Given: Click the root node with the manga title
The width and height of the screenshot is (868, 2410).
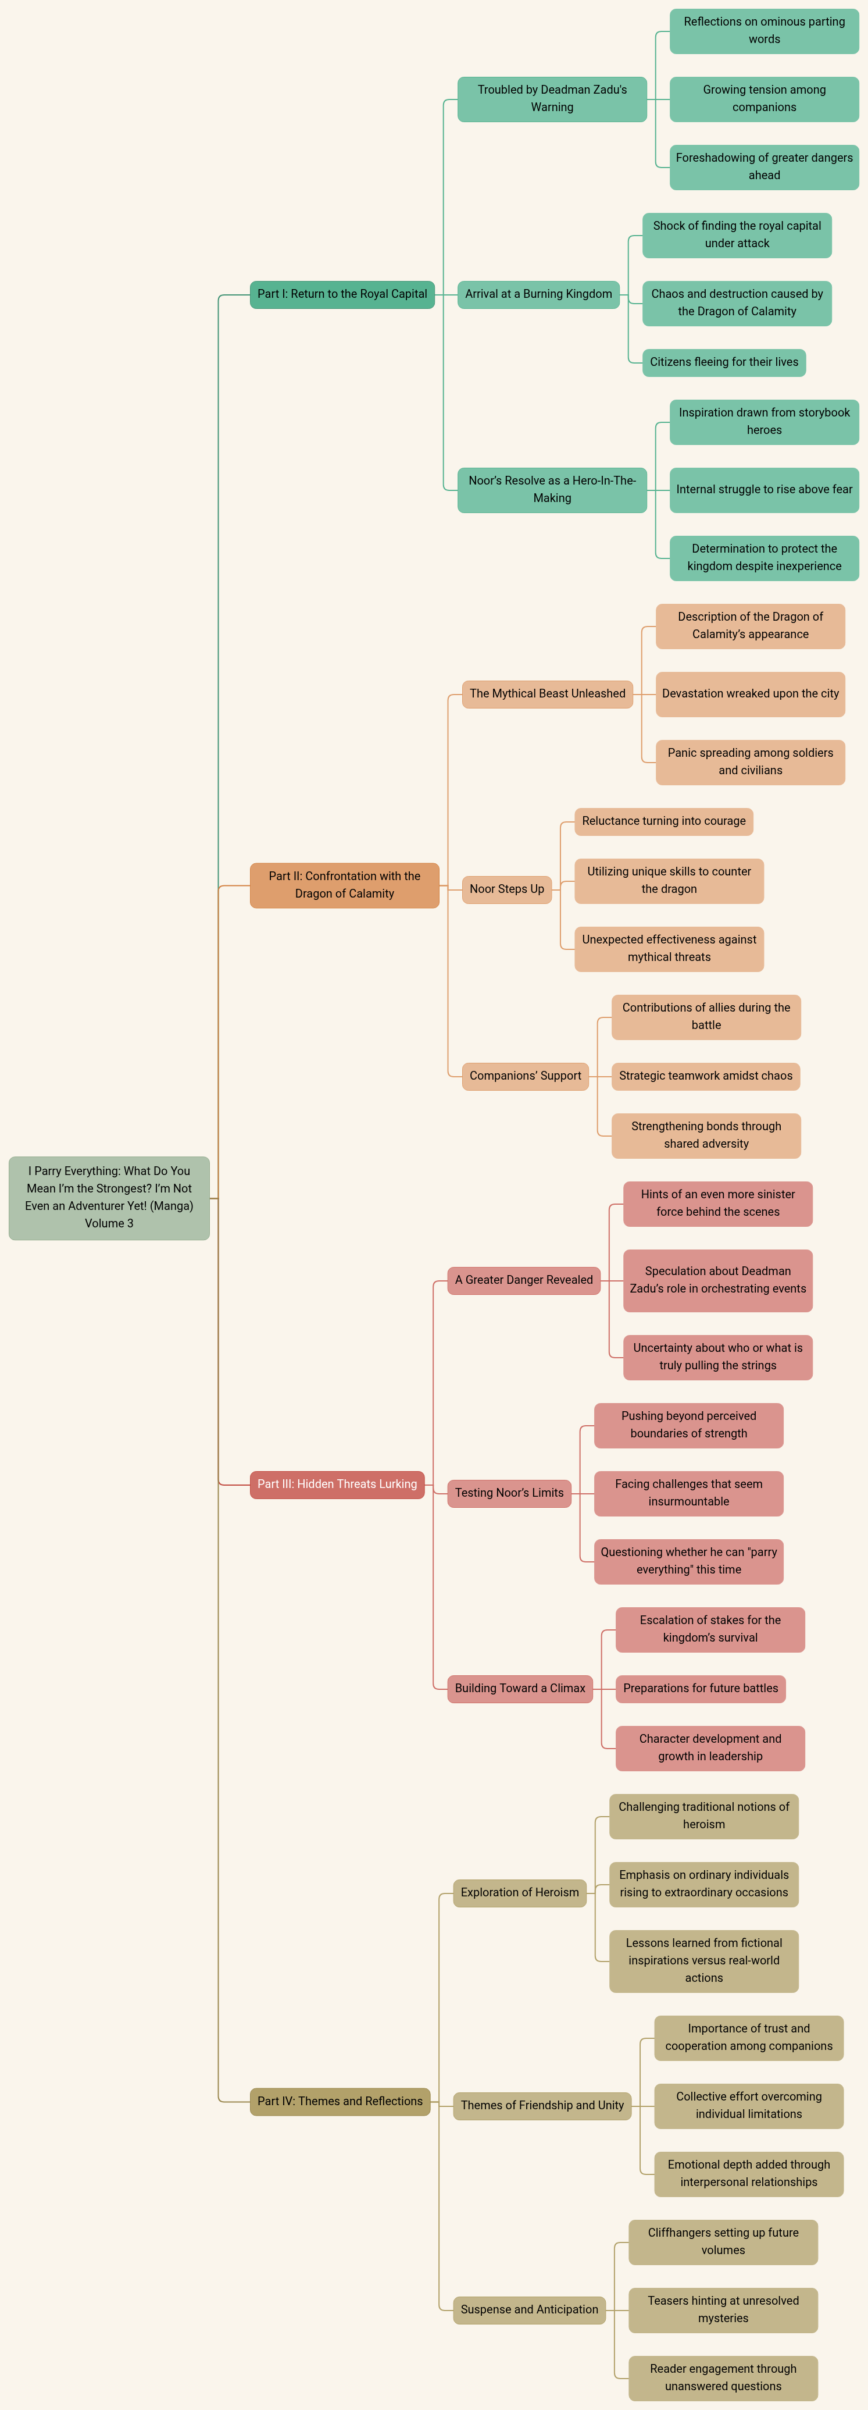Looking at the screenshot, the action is point(109,1198).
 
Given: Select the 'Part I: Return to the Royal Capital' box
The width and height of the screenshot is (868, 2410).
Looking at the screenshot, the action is point(342,294).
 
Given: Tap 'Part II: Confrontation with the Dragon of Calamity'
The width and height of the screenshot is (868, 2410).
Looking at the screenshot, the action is point(344,885).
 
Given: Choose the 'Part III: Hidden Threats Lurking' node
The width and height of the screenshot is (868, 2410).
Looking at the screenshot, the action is point(337,1484).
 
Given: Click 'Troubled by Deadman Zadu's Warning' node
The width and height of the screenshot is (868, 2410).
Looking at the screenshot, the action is point(552,99).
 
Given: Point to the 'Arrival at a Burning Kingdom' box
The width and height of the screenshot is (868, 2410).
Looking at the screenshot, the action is point(539,294).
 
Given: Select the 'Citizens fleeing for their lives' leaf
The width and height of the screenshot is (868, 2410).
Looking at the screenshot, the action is point(724,362).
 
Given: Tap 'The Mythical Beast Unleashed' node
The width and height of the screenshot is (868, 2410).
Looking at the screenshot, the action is point(547,694).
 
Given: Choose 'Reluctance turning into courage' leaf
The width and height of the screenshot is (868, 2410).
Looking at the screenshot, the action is point(664,821).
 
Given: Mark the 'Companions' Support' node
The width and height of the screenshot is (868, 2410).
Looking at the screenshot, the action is point(526,1076).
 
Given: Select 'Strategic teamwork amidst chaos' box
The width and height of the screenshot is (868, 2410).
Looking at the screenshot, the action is point(706,1076).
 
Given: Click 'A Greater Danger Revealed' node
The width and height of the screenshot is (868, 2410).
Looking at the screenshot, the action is point(524,1280).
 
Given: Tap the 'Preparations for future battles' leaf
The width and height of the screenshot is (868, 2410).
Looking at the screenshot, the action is point(701,1689).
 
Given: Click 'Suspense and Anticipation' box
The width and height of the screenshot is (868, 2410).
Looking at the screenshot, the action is point(530,2310).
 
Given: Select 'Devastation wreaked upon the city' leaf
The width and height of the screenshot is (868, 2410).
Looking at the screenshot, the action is point(750,694).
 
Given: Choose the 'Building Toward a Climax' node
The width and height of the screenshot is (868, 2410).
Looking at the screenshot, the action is point(520,1689).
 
